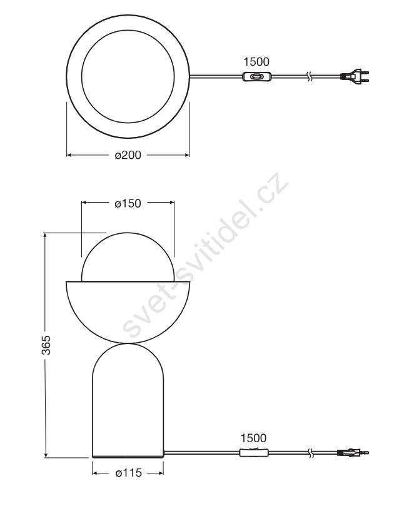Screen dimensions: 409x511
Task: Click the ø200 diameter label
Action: point(128,155)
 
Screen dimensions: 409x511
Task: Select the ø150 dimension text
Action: point(128,204)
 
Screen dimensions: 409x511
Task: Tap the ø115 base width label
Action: point(129,473)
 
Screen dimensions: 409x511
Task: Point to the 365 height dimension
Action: point(47,345)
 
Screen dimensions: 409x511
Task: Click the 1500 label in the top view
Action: point(256,61)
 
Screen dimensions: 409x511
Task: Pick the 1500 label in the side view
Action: point(253,438)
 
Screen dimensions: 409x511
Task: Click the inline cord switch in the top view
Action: point(257,77)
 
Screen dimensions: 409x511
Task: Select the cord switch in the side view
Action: point(254,452)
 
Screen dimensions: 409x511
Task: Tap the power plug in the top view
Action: point(355,76)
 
